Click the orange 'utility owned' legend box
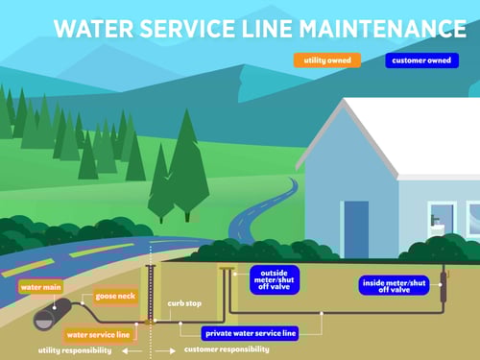[327, 60]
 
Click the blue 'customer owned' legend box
[420, 60]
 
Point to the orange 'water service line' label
[97, 335]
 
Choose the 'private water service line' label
[250, 334]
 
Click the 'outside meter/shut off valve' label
[274, 279]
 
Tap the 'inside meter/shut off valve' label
[393, 285]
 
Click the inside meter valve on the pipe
[444, 284]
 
